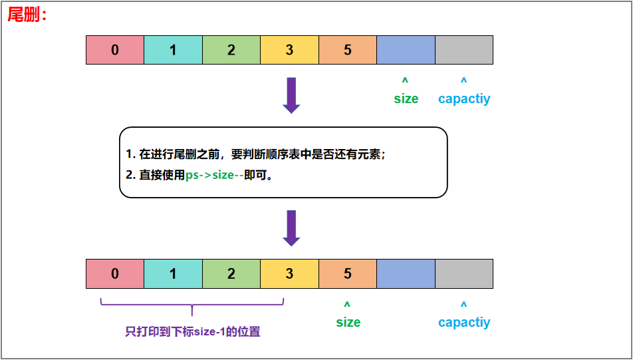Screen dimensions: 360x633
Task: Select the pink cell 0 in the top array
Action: click(x=115, y=50)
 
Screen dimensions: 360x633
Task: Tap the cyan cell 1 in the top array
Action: click(x=173, y=50)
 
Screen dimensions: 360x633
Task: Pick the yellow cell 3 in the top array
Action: click(x=289, y=50)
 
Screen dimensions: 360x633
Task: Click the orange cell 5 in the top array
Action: click(x=348, y=50)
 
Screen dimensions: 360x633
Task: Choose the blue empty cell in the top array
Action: click(x=406, y=50)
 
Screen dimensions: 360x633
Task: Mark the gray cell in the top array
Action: click(x=464, y=50)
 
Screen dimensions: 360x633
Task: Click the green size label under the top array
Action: click(x=406, y=98)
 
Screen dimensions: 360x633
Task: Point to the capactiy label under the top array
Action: click(x=464, y=98)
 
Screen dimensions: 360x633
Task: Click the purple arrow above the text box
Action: click(x=291, y=95)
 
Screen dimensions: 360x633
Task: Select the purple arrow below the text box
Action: click(x=291, y=228)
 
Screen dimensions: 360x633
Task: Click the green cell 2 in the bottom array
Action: click(x=231, y=273)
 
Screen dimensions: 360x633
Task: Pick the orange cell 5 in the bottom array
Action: click(x=348, y=273)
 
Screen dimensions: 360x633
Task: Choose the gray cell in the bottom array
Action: click(x=464, y=273)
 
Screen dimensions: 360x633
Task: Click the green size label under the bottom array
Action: click(x=348, y=322)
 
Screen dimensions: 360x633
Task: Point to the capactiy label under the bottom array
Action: click(x=464, y=322)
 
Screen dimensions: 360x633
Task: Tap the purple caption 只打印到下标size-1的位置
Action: click(x=192, y=331)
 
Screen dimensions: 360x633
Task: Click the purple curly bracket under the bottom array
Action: click(x=192, y=306)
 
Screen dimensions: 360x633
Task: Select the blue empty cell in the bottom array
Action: click(x=406, y=273)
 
